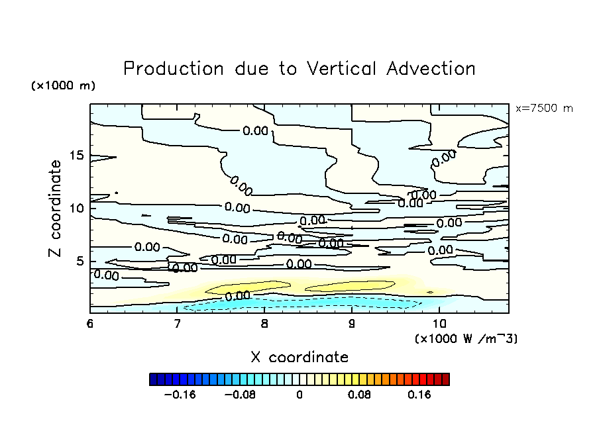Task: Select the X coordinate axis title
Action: (299, 358)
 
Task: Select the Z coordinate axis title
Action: (56, 209)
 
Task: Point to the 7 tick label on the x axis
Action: (177, 324)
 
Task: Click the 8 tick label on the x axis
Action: (264, 324)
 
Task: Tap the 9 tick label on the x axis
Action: (352, 324)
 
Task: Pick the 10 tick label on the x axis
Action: (439, 324)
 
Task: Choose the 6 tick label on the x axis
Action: (90, 324)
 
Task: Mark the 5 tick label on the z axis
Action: (80, 261)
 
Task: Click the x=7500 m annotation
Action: (544, 108)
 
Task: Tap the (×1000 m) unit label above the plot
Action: (63, 86)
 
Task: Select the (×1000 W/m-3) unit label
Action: (466, 338)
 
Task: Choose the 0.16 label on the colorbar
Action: (419, 395)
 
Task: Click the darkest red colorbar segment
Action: (446, 379)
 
